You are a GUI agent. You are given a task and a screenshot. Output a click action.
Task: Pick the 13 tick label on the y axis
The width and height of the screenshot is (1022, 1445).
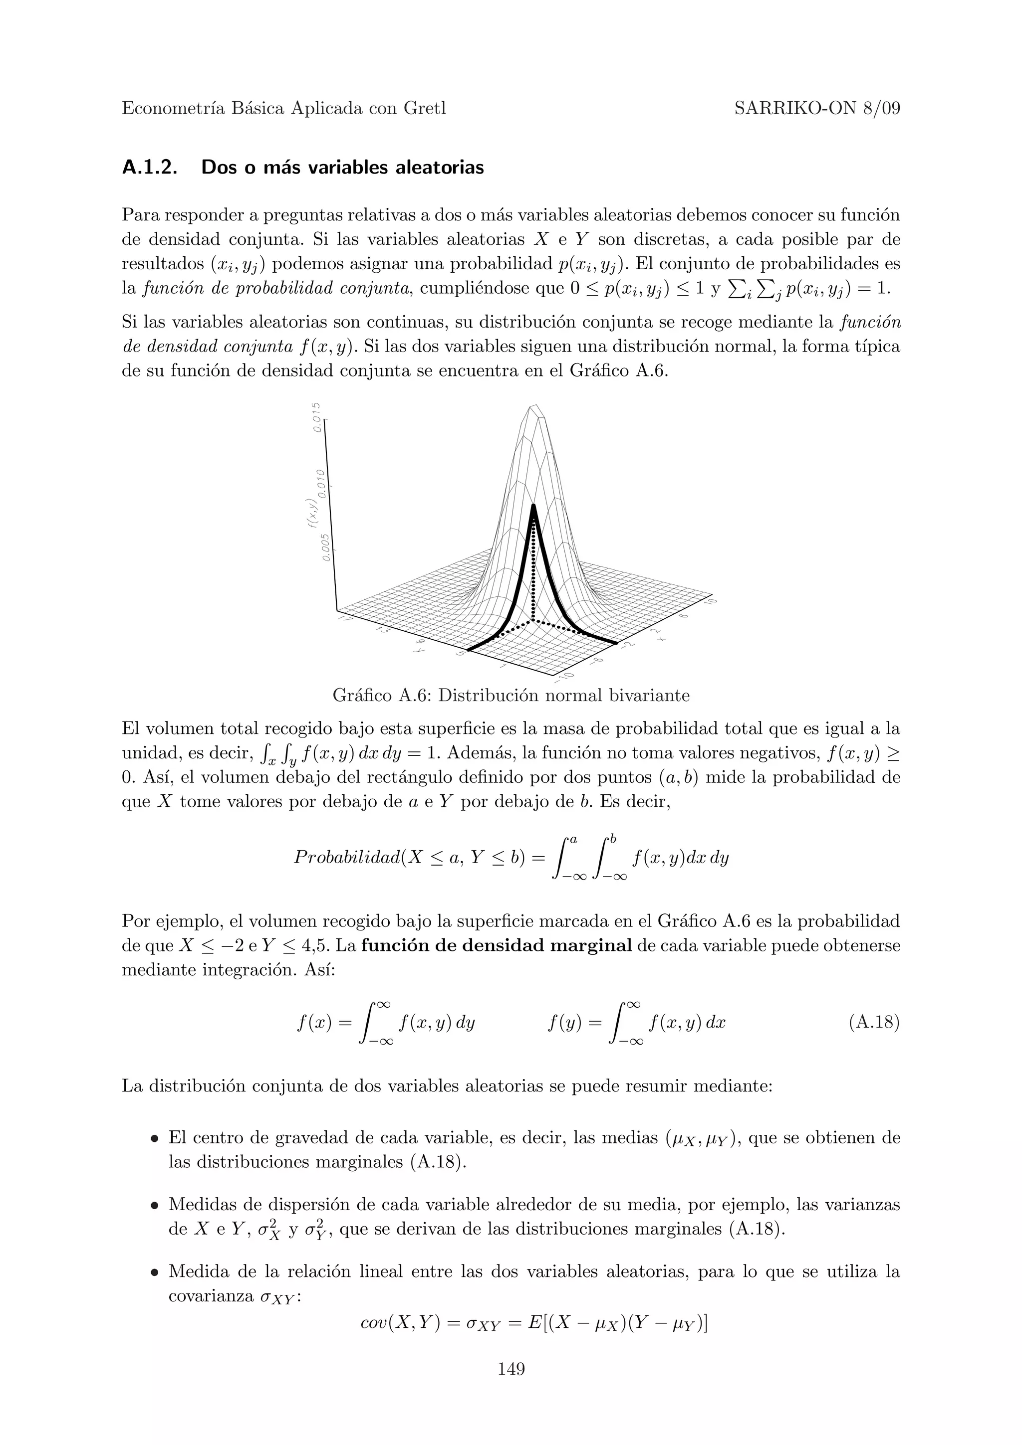[x=381, y=630]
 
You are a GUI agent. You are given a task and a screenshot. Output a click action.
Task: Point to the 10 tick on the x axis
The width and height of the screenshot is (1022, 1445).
[x=712, y=602]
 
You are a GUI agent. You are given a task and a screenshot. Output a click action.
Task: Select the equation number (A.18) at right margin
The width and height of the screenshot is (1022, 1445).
[x=874, y=1023]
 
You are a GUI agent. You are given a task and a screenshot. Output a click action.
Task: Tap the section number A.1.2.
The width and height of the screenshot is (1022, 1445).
[x=149, y=168]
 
